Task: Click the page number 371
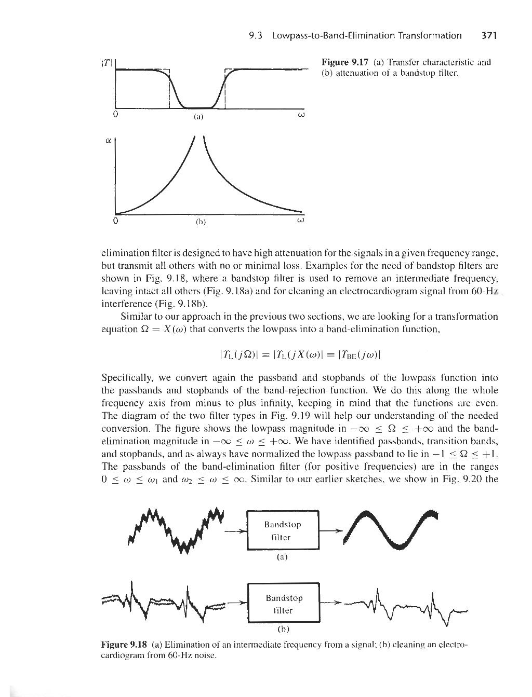(490, 36)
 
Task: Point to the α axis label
(108, 140)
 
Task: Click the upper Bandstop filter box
(283, 530)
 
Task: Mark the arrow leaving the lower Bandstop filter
(332, 603)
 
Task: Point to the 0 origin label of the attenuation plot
(115, 220)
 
